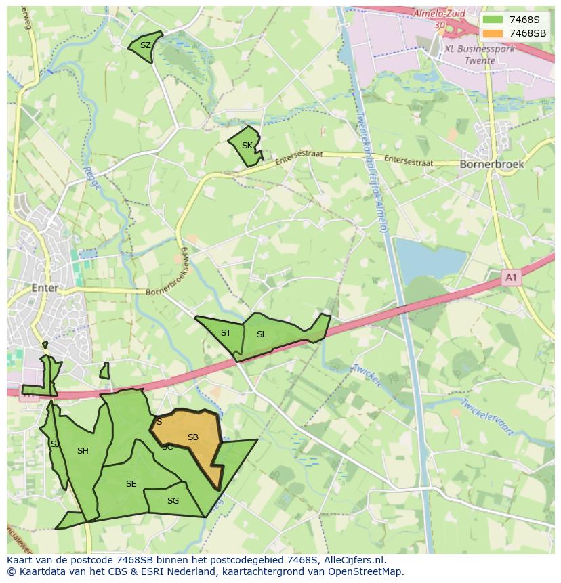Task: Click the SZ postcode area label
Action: (145, 45)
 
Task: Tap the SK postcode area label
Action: (247, 146)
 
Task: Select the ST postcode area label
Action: (226, 332)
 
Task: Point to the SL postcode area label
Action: (262, 334)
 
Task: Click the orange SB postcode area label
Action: (193, 437)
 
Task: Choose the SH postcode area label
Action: (83, 451)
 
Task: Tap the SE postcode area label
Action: (131, 483)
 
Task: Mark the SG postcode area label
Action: (173, 501)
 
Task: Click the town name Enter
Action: (45, 288)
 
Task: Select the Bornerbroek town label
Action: (491, 164)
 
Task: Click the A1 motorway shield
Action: (512, 277)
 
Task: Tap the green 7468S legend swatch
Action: (493, 20)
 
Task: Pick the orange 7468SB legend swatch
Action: (493, 33)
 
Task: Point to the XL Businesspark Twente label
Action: (479, 54)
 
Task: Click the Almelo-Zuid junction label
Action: (440, 13)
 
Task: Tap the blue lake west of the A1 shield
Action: (430, 259)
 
